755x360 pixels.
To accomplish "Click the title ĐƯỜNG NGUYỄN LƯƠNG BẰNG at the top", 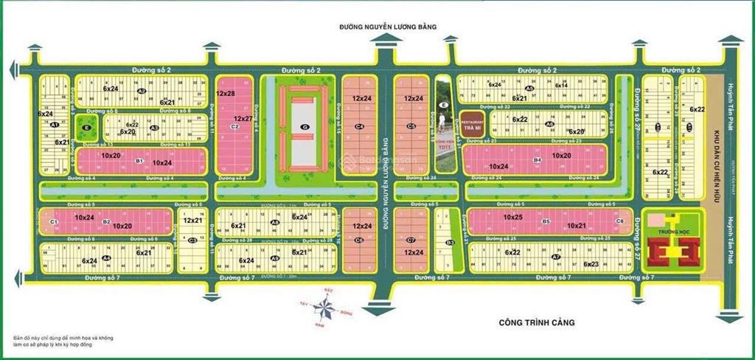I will click(388, 27).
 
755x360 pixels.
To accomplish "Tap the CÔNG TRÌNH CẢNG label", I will click(535, 322).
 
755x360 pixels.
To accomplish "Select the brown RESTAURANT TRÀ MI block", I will click(473, 122).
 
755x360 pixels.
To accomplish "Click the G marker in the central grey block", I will click(304, 128).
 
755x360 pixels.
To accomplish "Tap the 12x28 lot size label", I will click(226, 94).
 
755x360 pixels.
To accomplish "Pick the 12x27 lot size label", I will click(243, 118).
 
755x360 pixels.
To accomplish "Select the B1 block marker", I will click(139, 160).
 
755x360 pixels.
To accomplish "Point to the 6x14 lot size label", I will click(560, 86).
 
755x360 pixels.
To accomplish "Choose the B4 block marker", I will click(537, 159).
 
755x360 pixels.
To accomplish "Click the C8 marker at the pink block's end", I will click(619, 221).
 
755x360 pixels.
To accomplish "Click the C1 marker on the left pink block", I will click(53, 221).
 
